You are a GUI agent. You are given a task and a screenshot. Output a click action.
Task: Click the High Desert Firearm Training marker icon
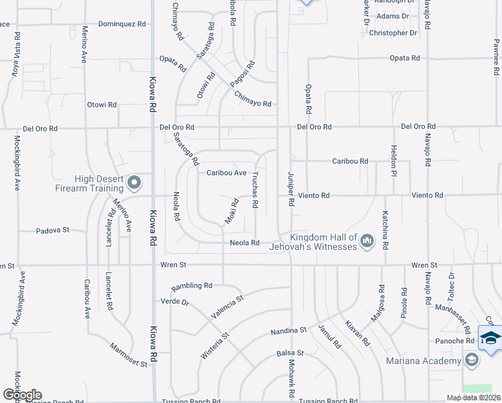[134, 182]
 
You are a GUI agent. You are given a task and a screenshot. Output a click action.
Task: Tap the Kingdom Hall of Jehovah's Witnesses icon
[366, 240]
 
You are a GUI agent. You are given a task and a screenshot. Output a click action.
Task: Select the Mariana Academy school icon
[472, 361]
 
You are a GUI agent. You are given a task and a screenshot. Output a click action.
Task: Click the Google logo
[22, 395]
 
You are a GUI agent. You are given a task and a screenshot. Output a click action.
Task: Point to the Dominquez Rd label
[121, 24]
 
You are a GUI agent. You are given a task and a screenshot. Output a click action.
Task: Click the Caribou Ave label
[226, 173]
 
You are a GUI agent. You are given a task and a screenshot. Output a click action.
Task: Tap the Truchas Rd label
[255, 189]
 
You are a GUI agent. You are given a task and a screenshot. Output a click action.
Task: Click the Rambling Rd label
[191, 286]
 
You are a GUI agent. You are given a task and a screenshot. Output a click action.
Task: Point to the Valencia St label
[225, 306]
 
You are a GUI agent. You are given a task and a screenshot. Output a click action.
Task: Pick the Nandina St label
[289, 330]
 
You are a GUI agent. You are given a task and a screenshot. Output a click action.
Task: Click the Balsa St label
[290, 353]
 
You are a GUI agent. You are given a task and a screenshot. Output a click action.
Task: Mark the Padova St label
[53, 230]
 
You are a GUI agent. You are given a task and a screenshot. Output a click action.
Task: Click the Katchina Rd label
[385, 229]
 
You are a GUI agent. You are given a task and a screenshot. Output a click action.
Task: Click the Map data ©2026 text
[472, 398]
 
